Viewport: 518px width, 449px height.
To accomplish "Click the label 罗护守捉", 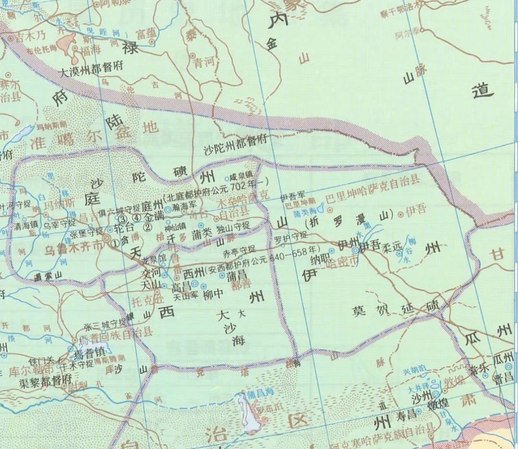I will coord(291,236).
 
